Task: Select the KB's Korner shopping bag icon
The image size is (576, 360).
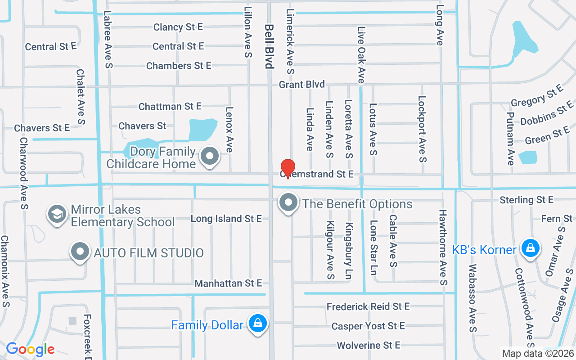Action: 531,248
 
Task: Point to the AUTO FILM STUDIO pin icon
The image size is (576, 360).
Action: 81,252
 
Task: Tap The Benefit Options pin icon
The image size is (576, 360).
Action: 288,203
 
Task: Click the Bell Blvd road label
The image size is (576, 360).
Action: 269,46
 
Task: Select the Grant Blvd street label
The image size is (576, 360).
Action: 301,85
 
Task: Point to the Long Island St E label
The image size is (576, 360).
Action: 226,219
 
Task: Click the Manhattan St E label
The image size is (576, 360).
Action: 228,283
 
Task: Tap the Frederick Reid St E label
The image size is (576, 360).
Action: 368,306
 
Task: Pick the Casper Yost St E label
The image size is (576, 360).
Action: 368,326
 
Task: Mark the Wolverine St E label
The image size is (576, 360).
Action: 369,345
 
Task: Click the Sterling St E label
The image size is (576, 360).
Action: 526,199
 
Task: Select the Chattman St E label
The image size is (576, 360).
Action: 170,106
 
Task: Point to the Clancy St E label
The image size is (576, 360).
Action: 178,27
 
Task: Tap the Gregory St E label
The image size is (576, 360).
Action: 537,96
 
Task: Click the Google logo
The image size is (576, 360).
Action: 30,349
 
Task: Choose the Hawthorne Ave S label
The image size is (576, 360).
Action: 443,247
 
